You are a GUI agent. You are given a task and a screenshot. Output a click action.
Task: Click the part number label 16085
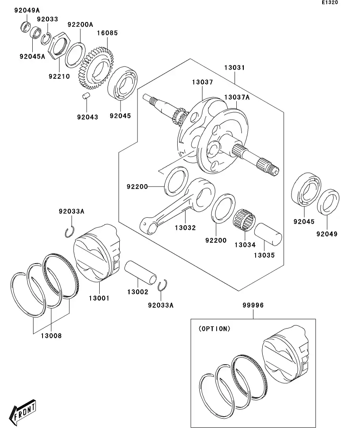[x=108, y=33]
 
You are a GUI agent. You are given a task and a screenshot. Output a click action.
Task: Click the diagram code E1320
[x=330, y=3]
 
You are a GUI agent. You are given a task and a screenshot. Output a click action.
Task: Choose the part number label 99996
[x=253, y=305]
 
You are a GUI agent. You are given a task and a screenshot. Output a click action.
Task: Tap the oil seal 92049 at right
[x=328, y=203]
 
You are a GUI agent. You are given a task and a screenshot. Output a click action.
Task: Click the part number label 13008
[x=51, y=336]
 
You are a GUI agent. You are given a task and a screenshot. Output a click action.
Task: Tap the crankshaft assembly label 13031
[x=234, y=68]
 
